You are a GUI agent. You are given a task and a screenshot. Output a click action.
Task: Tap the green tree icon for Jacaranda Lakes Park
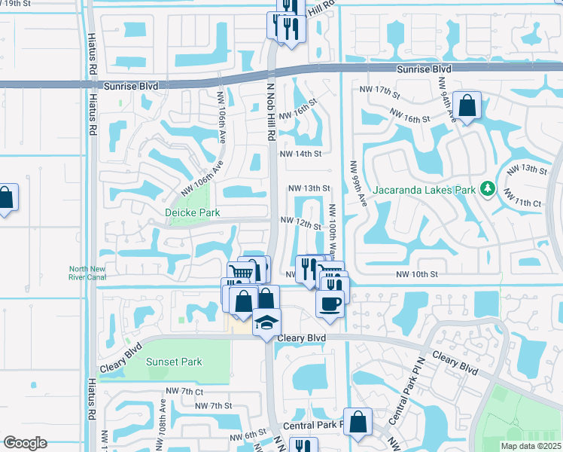click(x=488, y=188)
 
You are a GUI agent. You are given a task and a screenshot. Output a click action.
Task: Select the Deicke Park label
click(x=193, y=213)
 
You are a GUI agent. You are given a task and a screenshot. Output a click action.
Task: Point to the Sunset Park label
click(x=174, y=362)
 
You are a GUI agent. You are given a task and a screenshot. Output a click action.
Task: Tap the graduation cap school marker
click(x=266, y=322)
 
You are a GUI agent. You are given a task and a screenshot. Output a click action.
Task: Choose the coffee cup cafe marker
click(x=330, y=303)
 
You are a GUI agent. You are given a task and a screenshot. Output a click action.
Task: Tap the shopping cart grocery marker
click(x=240, y=272)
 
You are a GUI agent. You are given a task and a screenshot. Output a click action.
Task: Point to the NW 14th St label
click(x=300, y=154)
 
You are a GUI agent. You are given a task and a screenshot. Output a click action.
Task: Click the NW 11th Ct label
click(x=524, y=203)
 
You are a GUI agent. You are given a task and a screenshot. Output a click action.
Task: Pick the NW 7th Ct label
click(x=184, y=392)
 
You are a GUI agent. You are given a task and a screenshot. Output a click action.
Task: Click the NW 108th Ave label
click(x=163, y=415)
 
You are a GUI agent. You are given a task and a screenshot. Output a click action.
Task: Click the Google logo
click(x=25, y=442)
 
